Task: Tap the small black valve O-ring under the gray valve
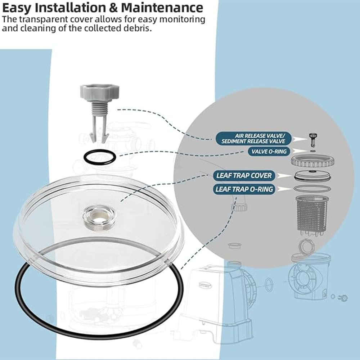pos(100,157)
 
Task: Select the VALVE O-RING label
pos(270,152)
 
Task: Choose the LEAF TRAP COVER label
pos(244,176)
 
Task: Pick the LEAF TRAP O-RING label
pos(244,189)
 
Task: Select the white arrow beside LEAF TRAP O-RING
pos(285,189)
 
